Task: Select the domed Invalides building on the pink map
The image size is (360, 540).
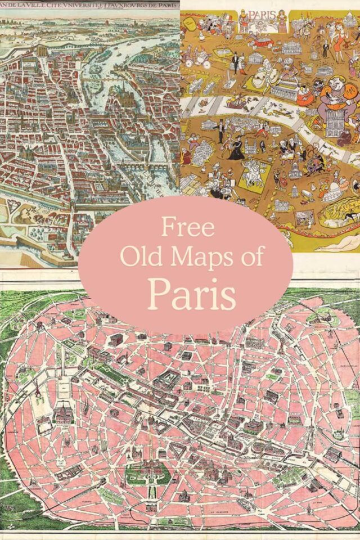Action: click(62, 415)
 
